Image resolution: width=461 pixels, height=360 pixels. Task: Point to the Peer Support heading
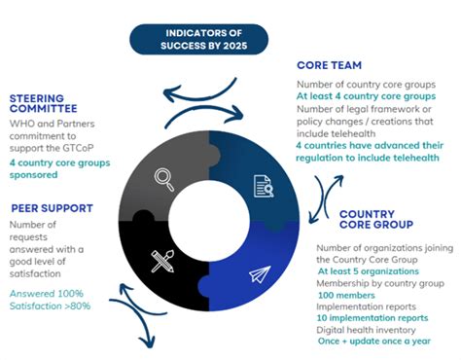pos(53,207)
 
